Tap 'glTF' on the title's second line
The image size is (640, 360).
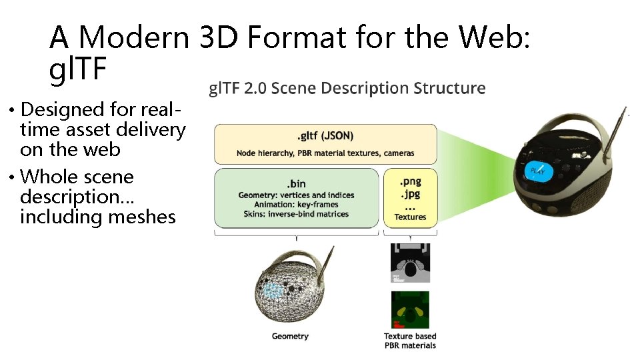[x=78, y=69]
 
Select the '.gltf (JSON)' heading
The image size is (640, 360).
[x=325, y=137]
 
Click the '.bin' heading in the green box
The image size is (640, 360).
[x=297, y=183]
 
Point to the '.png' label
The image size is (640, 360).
[x=410, y=181]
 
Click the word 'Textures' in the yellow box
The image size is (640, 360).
[x=410, y=217]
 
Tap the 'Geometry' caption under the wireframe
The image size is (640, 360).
[x=290, y=336]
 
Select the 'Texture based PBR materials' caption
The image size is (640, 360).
[x=410, y=341]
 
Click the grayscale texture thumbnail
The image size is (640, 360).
[x=410, y=263]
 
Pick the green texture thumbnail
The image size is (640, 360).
[x=410, y=309]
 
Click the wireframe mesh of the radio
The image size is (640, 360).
[x=287, y=287]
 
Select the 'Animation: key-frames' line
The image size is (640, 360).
[x=297, y=205]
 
